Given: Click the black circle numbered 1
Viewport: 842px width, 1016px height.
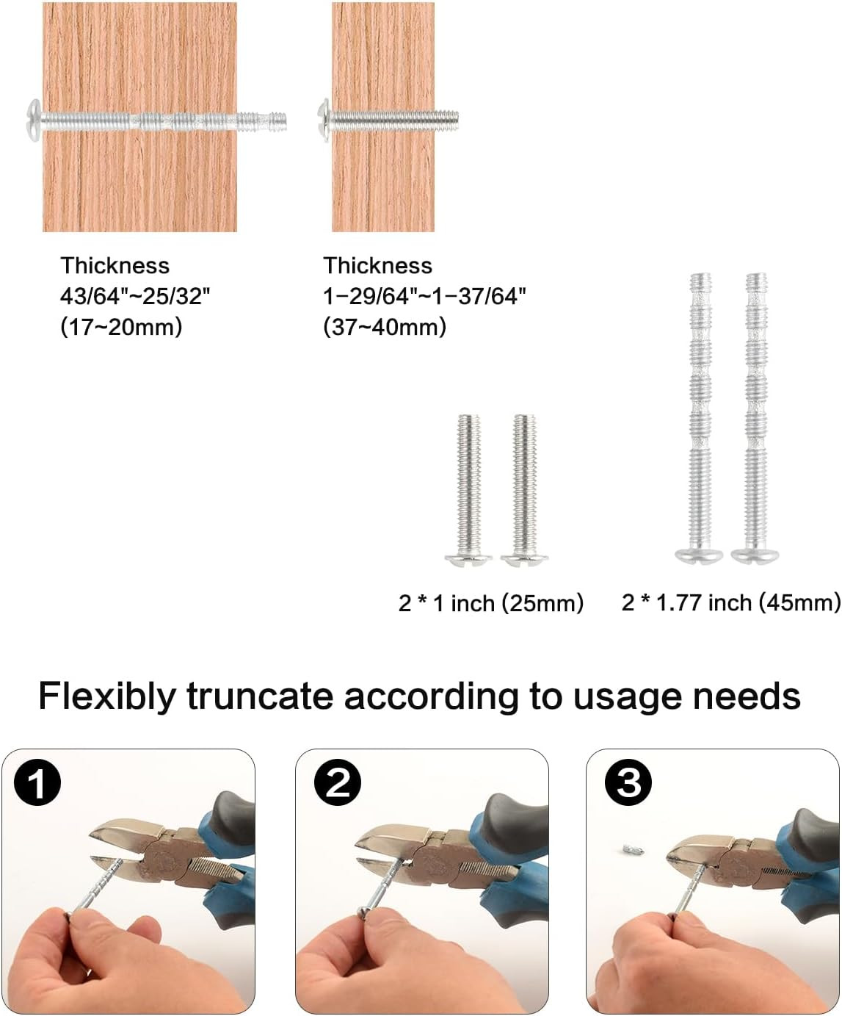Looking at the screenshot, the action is tap(37, 783).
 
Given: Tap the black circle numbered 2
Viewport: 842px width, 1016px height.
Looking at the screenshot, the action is tap(338, 783).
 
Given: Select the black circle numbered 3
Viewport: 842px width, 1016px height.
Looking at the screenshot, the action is tap(628, 782).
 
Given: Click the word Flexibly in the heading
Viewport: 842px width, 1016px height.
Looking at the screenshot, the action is tap(107, 697).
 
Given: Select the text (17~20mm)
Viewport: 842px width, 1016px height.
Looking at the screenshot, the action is tap(121, 327).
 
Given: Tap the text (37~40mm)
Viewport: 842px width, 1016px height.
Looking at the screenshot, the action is tap(385, 327).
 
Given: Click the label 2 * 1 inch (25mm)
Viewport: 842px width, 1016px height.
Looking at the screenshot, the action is tap(490, 603).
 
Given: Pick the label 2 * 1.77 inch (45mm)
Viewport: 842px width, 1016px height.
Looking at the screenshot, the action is tap(730, 603).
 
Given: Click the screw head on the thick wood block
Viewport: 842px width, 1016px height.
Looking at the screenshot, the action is tap(33, 118).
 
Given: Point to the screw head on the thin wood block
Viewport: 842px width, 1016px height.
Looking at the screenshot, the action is tap(324, 118).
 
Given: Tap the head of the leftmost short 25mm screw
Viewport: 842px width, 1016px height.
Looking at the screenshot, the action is tap(468, 560).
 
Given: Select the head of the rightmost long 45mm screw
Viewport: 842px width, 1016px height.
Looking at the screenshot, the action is tap(755, 556).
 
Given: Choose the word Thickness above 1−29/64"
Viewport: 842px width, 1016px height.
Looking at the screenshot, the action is tap(378, 266).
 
